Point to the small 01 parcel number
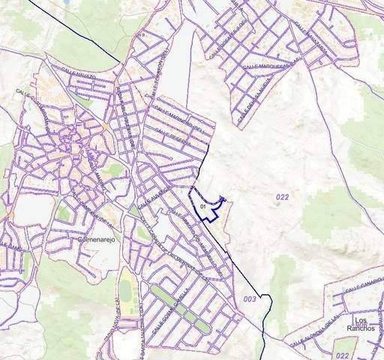pyautogui.click(x=203, y=205)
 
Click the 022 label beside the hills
pyautogui.click(x=281, y=196)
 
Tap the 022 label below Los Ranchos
pyautogui.click(x=343, y=354)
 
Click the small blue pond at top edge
pyautogui.click(x=70, y=2)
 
